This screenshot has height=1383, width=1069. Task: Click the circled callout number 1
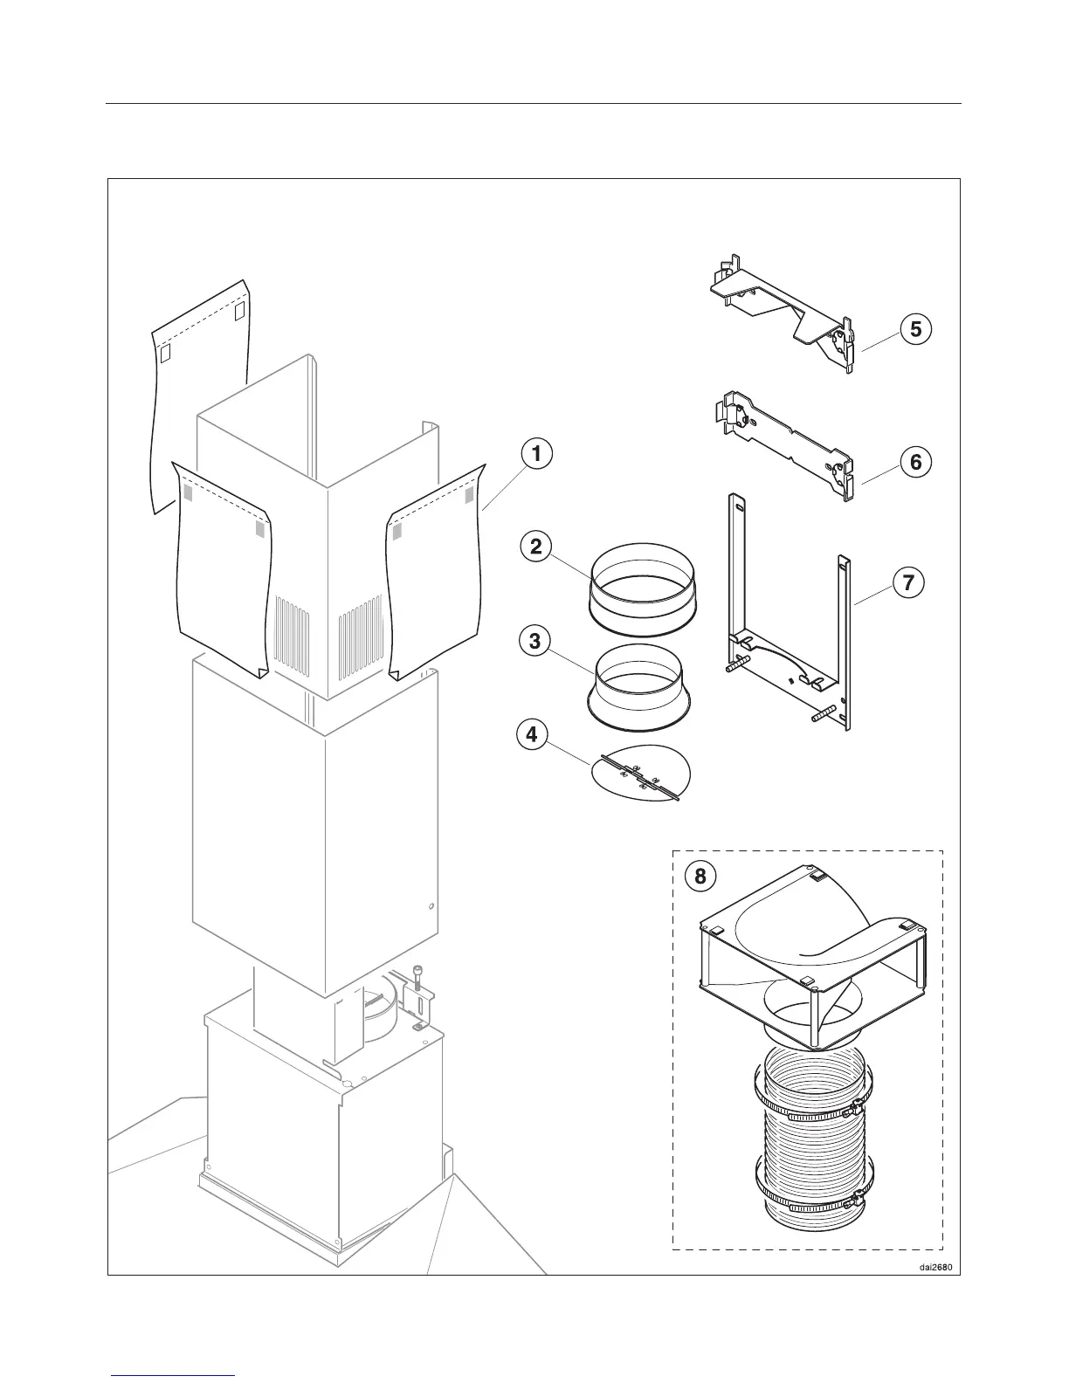click(537, 454)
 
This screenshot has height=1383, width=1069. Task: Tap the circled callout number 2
click(537, 547)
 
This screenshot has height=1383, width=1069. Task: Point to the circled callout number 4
click(532, 734)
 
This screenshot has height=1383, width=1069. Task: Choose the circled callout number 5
click(915, 329)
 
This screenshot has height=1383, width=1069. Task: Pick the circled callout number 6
click(915, 461)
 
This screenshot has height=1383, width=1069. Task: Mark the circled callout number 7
click(908, 581)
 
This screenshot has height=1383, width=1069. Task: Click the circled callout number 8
click(700, 876)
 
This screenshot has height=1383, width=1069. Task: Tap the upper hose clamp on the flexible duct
click(808, 1111)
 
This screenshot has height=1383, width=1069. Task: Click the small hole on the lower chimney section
click(430, 906)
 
